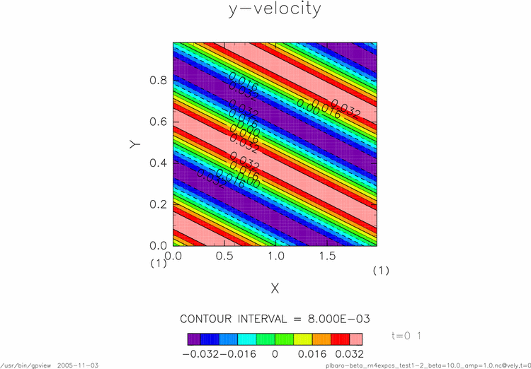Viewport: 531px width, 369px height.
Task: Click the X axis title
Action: point(275,288)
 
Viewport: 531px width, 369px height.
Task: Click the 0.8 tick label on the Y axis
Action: point(157,81)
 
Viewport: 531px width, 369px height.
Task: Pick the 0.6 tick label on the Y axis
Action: point(157,122)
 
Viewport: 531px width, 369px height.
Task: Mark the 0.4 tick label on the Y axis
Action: point(157,163)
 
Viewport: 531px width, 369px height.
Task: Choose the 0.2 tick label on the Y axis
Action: point(157,204)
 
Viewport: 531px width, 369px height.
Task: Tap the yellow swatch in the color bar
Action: point(302,339)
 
